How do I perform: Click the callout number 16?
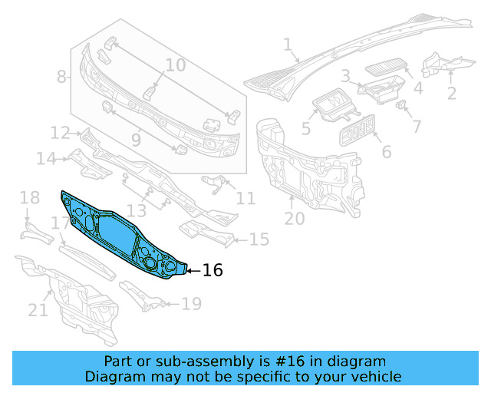212,270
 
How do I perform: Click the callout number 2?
451,94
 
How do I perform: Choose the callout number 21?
38,310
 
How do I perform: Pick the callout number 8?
62,77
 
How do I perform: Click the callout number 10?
176,65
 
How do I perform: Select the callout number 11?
245,199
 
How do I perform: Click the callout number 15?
259,240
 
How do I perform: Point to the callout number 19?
191,305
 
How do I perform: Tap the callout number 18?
29,199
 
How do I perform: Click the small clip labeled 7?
400,105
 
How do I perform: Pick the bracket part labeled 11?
215,183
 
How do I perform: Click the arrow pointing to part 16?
193,270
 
